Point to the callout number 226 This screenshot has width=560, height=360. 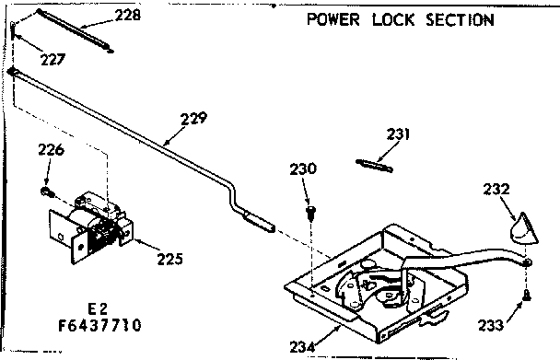[52, 151]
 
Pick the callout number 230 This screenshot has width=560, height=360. [305, 168]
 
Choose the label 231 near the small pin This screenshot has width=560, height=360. [397, 134]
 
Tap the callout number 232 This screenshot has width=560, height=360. [496, 188]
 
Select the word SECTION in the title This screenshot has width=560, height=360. [458, 19]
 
